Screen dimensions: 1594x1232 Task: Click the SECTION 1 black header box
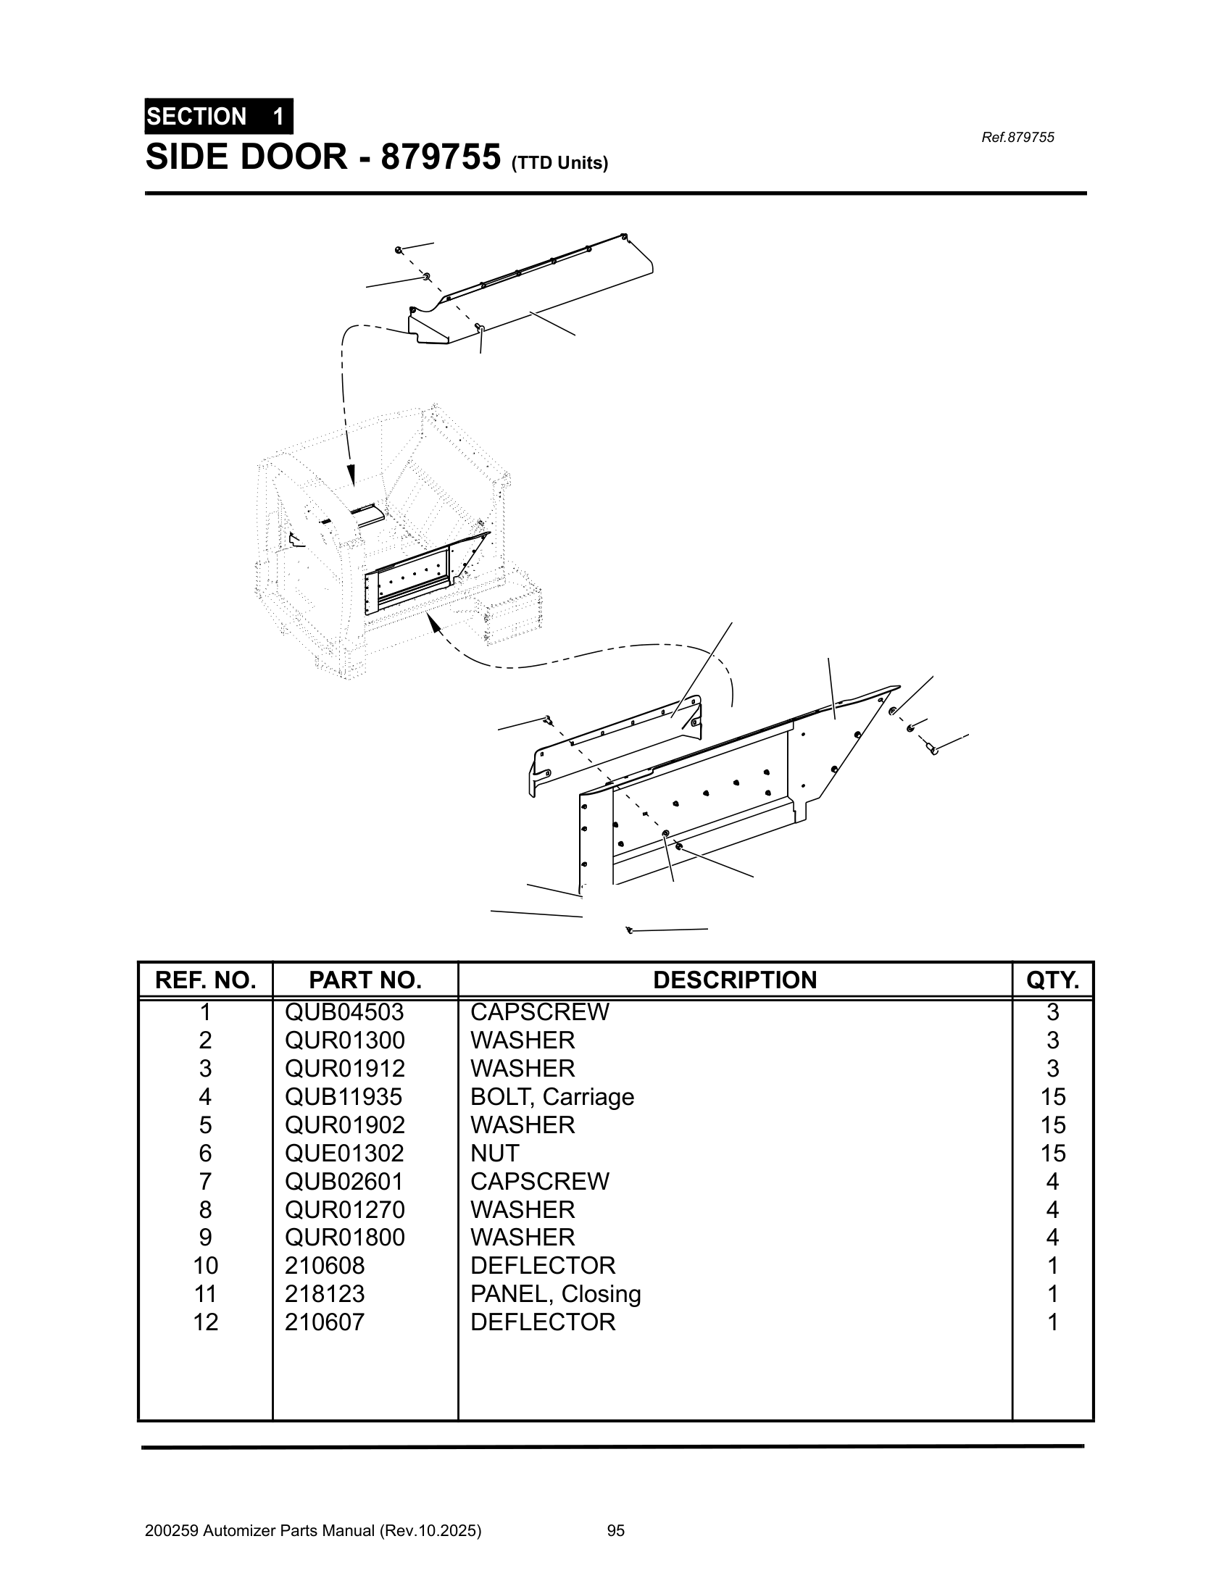pos(218,117)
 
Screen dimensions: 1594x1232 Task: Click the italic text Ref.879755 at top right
pos(1017,137)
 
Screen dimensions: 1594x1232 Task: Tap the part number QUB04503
pos(344,1012)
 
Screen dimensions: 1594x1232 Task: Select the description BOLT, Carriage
pos(552,1097)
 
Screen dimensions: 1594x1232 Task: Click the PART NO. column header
pos(365,980)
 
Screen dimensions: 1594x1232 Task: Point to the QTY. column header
pos(1052,980)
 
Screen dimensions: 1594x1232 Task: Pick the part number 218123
pos(324,1294)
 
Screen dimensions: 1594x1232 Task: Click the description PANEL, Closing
pos(555,1294)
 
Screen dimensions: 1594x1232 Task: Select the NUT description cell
pos(494,1153)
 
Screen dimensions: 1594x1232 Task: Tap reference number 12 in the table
pos(205,1322)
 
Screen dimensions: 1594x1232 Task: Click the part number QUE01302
pos(344,1153)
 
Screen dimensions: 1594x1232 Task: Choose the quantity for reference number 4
pos(1052,1097)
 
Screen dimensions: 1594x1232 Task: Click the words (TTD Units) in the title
pos(559,163)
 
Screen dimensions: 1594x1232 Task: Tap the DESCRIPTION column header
pos(734,980)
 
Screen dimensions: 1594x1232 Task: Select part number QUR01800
pos(344,1237)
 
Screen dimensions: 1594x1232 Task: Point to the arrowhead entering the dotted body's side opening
pos(433,621)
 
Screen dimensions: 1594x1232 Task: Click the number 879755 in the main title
pos(441,157)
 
